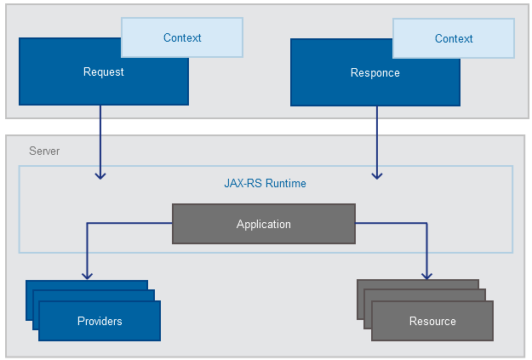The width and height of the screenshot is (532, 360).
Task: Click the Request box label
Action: (x=103, y=72)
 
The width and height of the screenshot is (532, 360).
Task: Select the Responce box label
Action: (x=375, y=73)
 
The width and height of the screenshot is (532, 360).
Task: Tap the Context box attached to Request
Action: (x=182, y=37)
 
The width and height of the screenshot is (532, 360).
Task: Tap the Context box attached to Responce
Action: (x=454, y=38)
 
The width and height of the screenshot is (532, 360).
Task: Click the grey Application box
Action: (x=264, y=225)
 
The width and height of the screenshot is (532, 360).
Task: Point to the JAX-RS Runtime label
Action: (x=265, y=183)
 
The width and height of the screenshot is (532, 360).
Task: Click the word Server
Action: (x=44, y=151)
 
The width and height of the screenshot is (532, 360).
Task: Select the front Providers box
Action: (x=100, y=321)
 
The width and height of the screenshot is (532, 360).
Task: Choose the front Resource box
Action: (x=432, y=321)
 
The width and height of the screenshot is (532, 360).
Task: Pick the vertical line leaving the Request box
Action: (x=100, y=136)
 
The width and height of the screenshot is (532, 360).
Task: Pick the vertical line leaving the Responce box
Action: (x=377, y=136)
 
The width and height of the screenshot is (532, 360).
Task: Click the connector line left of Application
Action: (x=128, y=224)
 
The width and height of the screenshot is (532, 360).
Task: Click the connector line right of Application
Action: (x=392, y=224)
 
